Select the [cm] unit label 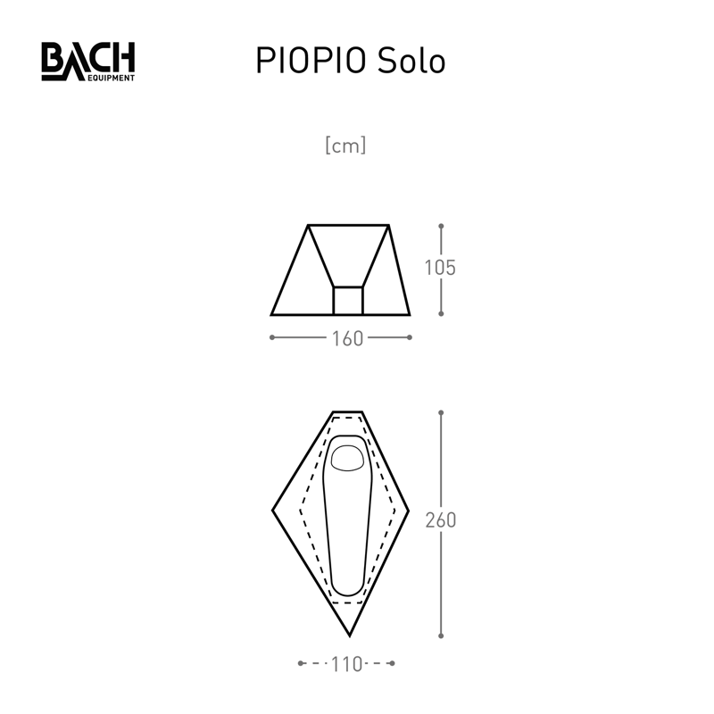click(346, 145)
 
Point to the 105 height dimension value click(441, 268)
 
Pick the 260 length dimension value click(441, 521)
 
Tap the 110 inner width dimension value click(346, 664)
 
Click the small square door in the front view click(348, 301)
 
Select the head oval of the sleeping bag click(348, 457)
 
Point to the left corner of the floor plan click(273, 511)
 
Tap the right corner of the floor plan click(409, 511)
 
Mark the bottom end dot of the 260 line click(441, 636)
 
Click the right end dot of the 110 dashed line click(394, 664)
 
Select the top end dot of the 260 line click(441, 412)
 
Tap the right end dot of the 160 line click(410, 337)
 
